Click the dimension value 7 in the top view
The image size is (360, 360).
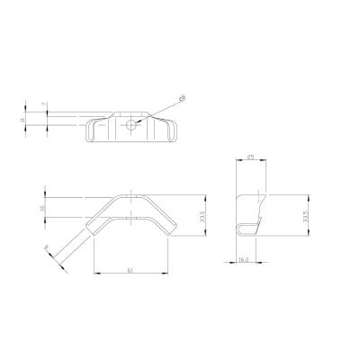pos(45,106)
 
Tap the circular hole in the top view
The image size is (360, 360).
pos(132,123)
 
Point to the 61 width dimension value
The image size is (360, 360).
pos(131,268)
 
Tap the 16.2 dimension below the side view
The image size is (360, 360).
pos(243,259)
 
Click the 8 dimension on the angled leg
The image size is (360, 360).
pos(46,250)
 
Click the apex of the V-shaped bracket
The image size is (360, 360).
pos(131,197)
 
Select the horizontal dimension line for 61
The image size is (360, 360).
pos(131,273)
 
